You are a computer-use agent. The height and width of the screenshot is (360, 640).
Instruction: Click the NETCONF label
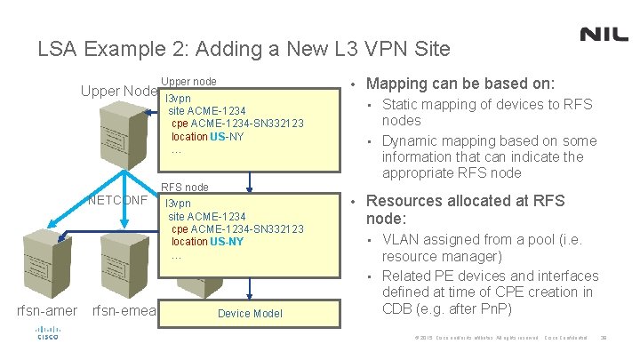point(118,199)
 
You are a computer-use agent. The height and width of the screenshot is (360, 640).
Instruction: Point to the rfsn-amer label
point(47,310)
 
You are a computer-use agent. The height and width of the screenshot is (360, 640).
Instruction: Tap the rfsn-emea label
point(124,310)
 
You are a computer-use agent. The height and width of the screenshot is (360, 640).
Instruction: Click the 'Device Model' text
point(250,313)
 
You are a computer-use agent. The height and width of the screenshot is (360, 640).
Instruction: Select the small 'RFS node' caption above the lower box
point(185,188)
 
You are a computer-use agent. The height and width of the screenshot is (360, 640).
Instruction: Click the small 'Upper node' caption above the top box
point(188,81)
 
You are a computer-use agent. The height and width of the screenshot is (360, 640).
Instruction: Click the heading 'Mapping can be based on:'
point(460,84)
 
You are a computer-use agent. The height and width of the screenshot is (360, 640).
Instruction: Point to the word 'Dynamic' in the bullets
point(410,140)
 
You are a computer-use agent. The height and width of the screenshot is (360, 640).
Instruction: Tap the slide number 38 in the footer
point(604,338)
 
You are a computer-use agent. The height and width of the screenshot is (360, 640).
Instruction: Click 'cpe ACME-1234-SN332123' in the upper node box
point(237,124)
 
